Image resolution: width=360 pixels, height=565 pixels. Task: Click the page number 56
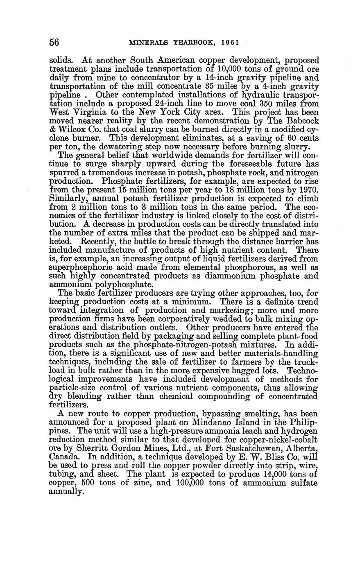(55, 42)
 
